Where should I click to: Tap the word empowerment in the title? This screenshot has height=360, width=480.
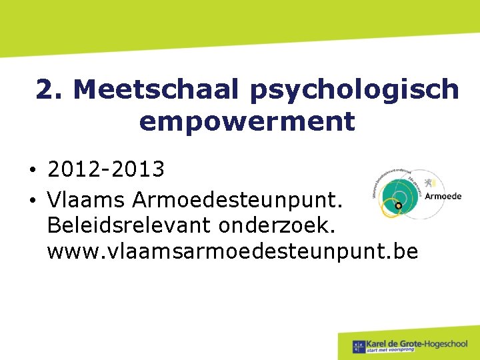247,122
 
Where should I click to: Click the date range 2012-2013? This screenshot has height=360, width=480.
106,169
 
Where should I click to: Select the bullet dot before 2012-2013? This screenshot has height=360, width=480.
32,171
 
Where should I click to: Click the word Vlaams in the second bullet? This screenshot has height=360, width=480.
86,198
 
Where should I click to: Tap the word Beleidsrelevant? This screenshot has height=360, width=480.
121,225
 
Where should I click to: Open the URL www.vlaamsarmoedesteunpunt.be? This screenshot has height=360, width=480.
233,252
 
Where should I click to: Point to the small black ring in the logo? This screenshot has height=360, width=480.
398,207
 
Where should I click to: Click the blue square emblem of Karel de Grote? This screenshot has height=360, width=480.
359,345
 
